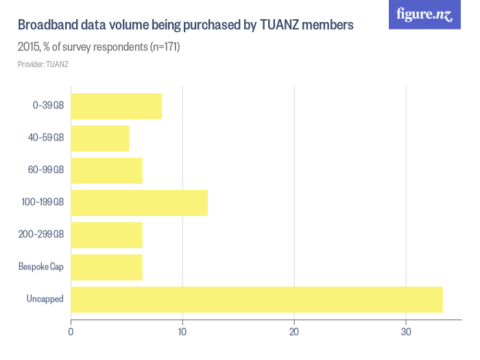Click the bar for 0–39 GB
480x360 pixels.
pos(117,106)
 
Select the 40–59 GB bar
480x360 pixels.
pos(100,139)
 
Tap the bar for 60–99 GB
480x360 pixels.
pos(106,171)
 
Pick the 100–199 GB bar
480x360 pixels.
pos(139,203)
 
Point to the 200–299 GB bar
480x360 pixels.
pos(106,235)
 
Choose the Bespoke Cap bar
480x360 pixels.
pos(106,267)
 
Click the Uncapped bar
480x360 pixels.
pos(256,300)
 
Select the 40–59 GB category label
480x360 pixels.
pos(46,139)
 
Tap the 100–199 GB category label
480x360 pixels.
pos(43,203)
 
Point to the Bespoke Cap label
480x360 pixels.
pos(41,267)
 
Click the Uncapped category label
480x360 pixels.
pos(45,300)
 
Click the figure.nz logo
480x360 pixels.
pos(424,14)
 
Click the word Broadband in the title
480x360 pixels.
pos(47,26)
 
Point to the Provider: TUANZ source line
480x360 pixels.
pos(43,64)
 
